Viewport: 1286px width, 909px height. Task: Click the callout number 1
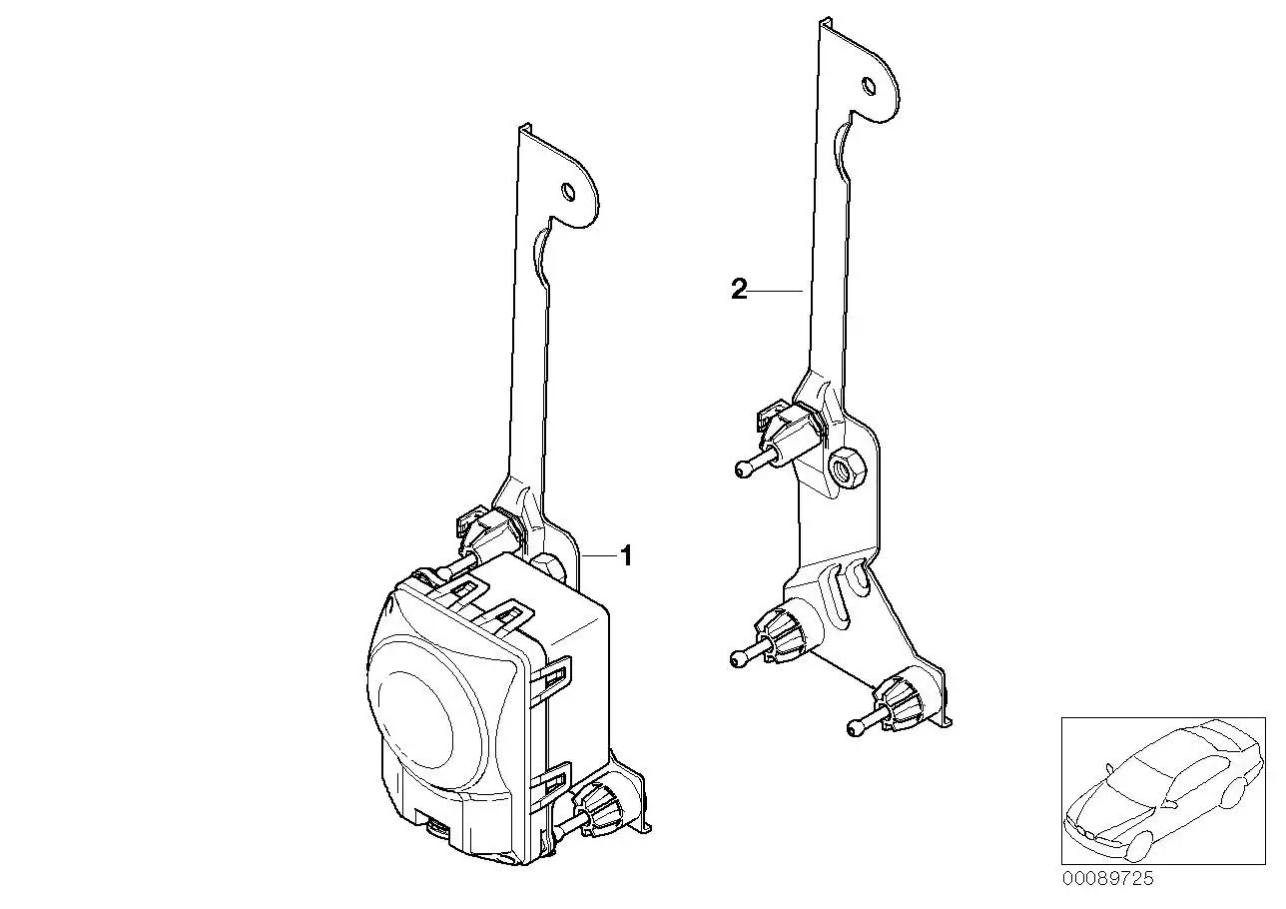pyautogui.click(x=626, y=555)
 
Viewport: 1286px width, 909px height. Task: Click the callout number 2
pyautogui.click(x=739, y=290)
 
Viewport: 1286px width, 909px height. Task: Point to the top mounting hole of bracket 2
pyautogui.click(x=869, y=86)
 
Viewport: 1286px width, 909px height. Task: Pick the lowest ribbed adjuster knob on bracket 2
pyautogui.click(x=897, y=705)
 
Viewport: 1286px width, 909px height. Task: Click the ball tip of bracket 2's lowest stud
pyautogui.click(x=855, y=729)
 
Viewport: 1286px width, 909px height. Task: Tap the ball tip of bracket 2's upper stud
pyautogui.click(x=742, y=470)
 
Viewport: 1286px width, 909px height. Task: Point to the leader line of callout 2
pyautogui.click(x=776, y=291)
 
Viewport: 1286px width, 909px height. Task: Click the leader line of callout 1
pyautogui.click(x=599, y=555)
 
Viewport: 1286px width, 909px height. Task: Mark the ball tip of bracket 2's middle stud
pyautogui.click(x=738, y=660)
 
